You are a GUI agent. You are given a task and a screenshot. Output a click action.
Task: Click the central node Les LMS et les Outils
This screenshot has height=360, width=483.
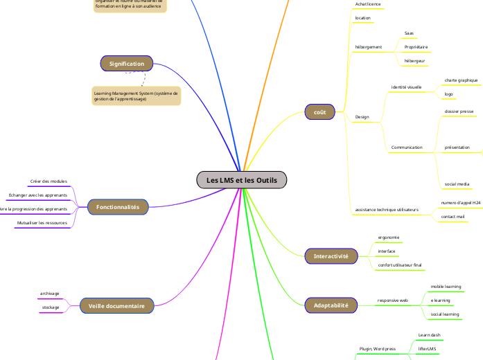(x=241, y=180)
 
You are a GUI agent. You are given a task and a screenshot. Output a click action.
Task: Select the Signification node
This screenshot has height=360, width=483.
(x=126, y=64)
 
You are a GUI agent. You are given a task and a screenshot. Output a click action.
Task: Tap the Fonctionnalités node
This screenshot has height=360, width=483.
(x=118, y=207)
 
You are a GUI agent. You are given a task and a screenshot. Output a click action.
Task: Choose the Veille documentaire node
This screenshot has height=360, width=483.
(x=116, y=305)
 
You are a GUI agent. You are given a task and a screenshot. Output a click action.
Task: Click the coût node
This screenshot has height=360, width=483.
(x=320, y=111)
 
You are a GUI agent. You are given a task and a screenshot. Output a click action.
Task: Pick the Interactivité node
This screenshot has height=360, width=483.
(x=331, y=256)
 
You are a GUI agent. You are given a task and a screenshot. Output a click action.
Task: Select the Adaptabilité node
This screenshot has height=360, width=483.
(x=331, y=304)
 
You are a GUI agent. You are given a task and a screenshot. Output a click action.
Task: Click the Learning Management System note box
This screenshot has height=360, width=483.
(x=136, y=96)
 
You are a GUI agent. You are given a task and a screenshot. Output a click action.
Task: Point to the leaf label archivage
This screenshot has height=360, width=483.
(x=50, y=294)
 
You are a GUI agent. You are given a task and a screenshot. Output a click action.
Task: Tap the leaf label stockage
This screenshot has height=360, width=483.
(x=50, y=307)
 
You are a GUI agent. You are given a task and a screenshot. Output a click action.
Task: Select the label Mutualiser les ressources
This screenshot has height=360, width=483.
(x=42, y=223)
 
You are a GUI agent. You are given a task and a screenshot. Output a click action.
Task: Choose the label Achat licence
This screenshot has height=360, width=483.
(x=367, y=4)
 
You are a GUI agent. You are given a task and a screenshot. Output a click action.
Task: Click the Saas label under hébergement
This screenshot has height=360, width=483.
(x=409, y=33)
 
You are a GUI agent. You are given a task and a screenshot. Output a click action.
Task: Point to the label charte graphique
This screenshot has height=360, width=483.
(x=461, y=80)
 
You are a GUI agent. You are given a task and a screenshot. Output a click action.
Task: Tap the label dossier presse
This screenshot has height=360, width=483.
(x=459, y=111)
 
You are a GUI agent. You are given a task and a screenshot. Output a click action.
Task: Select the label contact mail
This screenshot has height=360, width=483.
(x=453, y=217)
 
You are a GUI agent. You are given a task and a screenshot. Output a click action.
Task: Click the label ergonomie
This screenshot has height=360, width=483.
(x=388, y=237)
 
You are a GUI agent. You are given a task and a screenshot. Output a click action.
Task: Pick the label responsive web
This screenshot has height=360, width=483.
(x=392, y=300)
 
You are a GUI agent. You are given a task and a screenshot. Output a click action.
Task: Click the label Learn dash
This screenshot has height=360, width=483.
(x=429, y=335)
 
